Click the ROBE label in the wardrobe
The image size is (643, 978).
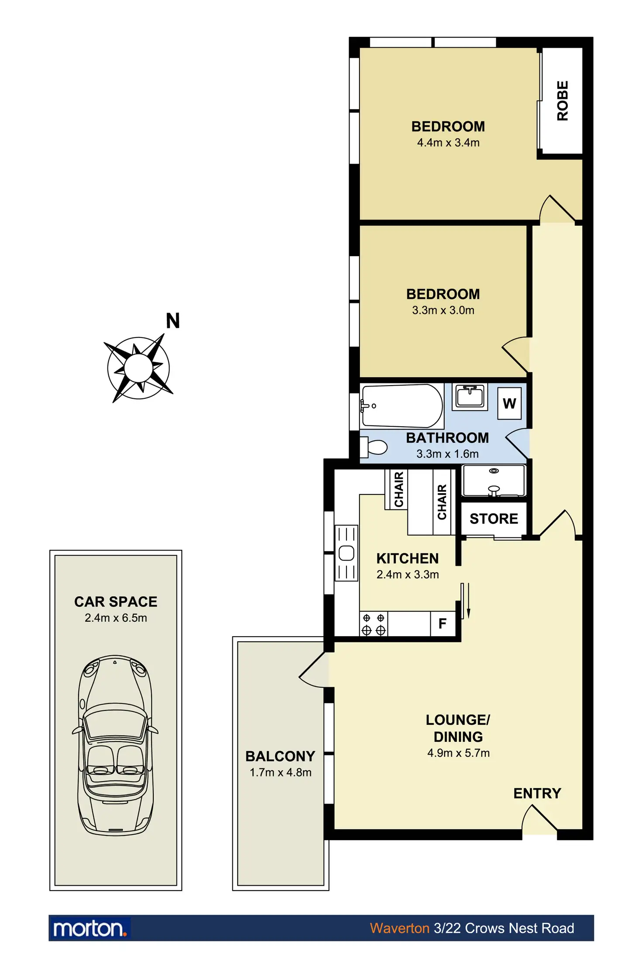pyautogui.click(x=563, y=101)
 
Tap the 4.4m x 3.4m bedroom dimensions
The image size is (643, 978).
pyautogui.click(x=448, y=143)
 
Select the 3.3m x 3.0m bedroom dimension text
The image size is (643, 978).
pyautogui.click(x=443, y=310)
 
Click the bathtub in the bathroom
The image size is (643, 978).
pyautogui.click(x=402, y=406)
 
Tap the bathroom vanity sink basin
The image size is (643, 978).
pyautogui.click(x=470, y=396)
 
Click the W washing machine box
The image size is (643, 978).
pyautogui.click(x=509, y=404)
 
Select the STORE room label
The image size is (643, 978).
pyautogui.click(x=494, y=519)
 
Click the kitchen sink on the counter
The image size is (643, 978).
pyautogui.click(x=346, y=553)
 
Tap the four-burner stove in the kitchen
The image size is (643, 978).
pyautogui.click(x=373, y=624)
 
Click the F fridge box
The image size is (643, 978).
pyautogui.click(x=442, y=624)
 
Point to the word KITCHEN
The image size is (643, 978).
pyautogui.click(x=408, y=559)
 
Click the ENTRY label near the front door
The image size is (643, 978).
pyautogui.click(x=537, y=794)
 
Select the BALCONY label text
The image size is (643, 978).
pyautogui.click(x=280, y=756)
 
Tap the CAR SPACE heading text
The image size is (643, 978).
pyautogui.click(x=115, y=602)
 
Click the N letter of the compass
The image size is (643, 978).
pyautogui.click(x=173, y=321)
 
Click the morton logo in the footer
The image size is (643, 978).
pyautogui.click(x=90, y=928)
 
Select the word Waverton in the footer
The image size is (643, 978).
pyautogui.click(x=399, y=928)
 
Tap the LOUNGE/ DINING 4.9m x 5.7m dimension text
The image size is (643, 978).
pyautogui.click(x=458, y=753)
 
